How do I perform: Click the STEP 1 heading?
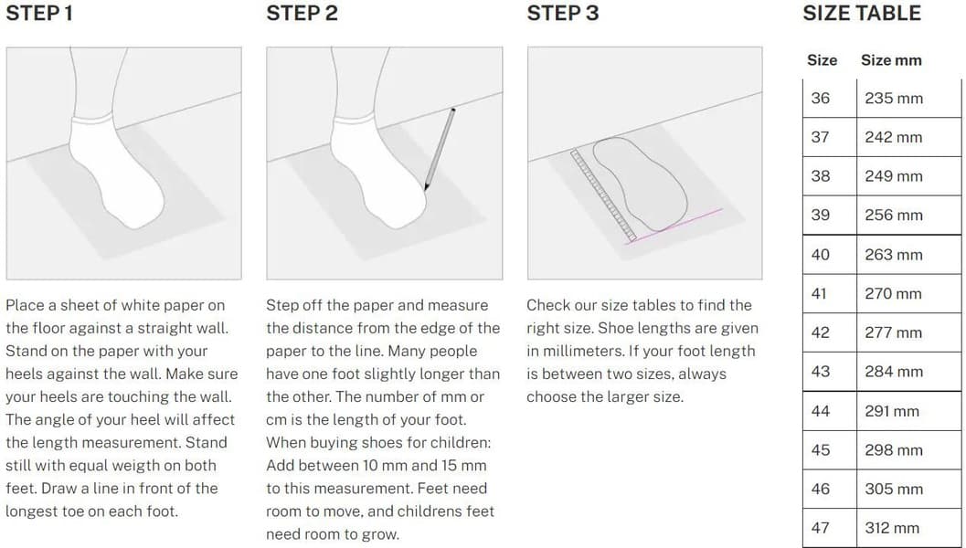click(39, 14)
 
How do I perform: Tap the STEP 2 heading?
click(302, 14)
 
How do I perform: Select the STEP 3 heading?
click(562, 14)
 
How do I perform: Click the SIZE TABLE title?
click(861, 14)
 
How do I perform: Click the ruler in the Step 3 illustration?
click(604, 195)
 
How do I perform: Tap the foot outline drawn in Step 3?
click(641, 184)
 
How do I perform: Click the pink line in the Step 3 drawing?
click(674, 226)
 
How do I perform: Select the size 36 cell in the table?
click(820, 98)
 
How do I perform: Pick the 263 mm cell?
click(893, 254)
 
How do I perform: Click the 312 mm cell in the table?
click(893, 528)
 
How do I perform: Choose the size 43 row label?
click(820, 372)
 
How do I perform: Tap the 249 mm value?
click(893, 176)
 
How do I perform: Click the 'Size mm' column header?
click(891, 60)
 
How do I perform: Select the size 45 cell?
click(820, 449)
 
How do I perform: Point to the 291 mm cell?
click(893, 411)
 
